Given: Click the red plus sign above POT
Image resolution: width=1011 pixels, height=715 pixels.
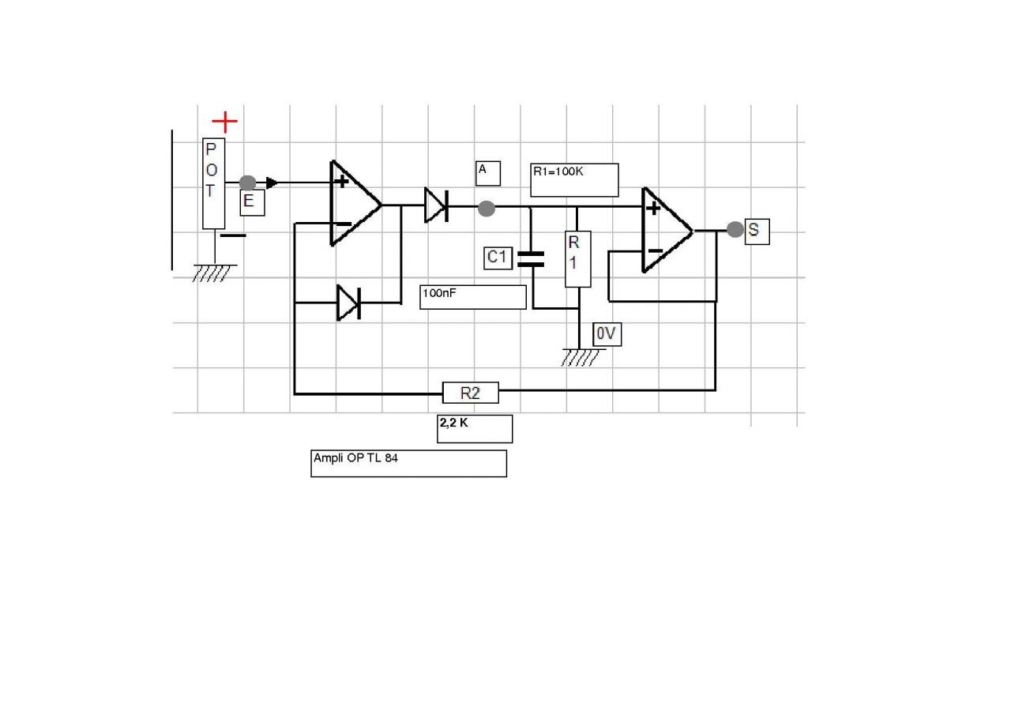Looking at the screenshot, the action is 225,122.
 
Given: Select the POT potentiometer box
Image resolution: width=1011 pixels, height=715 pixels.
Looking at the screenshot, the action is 213,183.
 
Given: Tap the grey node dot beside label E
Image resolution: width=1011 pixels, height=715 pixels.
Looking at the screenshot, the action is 247,183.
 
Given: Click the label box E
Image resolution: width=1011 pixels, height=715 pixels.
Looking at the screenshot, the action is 252,202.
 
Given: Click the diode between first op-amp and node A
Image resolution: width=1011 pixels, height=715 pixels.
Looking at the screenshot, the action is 436,205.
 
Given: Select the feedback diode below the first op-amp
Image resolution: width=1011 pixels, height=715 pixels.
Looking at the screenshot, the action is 348,303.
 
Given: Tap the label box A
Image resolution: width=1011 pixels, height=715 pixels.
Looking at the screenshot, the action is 487,173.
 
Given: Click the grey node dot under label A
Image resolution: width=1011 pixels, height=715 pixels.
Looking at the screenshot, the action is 487,209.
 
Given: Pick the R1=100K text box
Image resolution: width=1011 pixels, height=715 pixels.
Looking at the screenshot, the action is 574,179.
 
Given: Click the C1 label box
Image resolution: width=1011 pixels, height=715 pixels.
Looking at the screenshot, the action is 498,258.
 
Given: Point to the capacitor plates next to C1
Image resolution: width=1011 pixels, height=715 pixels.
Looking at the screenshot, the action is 531,258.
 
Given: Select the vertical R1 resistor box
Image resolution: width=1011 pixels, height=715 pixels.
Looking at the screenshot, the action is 577,259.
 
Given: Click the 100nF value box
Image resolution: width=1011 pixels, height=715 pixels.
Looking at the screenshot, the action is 472,297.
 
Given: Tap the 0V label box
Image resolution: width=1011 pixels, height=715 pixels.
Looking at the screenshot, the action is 607,334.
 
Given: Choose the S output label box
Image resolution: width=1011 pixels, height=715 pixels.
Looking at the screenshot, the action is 757,231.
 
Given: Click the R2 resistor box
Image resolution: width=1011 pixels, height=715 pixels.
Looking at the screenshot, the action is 470,393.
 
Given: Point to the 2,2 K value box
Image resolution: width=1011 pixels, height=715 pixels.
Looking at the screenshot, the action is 475,428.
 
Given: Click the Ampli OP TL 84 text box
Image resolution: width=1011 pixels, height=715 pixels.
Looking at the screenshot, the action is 408,463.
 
